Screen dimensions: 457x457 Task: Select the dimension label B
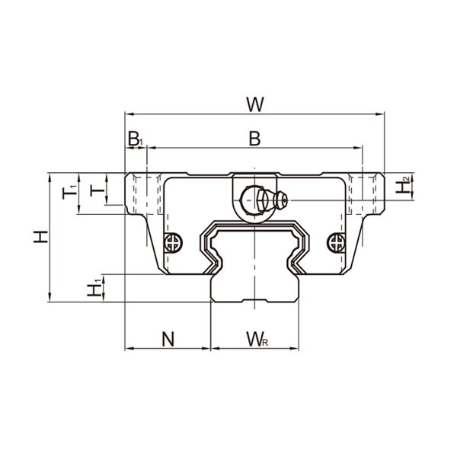click(x=254, y=139)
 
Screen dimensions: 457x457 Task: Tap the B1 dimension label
click(x=135, y=139)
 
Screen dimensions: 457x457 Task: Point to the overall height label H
click(x=41, y=237)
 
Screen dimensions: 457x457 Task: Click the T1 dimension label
click(x=69, y=192)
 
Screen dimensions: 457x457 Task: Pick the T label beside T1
click(x=95, y=189)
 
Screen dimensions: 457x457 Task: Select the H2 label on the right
click(x=404, y=184)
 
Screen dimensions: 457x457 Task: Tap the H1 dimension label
click(x=94, y=288)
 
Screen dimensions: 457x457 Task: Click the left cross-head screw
click(x=174, y=243)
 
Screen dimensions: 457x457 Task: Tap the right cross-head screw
click(x=334, y=243)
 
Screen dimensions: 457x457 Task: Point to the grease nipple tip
click(x=281, y=200)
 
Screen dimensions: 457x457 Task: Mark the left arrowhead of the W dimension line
click(x=128, y=115)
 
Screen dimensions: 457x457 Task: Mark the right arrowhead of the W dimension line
click(x=380, y=115)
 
